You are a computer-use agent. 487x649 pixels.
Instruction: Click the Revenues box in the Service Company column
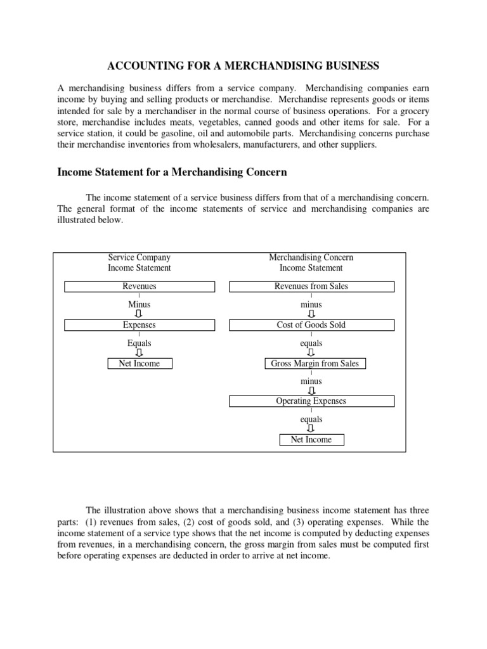click(x=139, y=286)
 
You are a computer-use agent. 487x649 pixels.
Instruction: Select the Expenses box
click(x=139, y=325)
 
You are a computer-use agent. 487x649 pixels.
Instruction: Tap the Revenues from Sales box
click(x=311, y=286)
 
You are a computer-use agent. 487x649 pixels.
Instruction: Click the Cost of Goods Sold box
click(x=311, y=325)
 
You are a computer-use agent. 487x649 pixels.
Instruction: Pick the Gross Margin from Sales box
click(x=315, y=364)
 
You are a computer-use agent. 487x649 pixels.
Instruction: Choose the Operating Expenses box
click(x=311, y=401)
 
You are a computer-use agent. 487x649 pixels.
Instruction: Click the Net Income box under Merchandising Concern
click(x=311, y=440)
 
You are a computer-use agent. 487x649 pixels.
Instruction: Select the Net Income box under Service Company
click(x=139, y=364)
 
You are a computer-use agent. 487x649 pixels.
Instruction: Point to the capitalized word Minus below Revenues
click(x=139, y=305)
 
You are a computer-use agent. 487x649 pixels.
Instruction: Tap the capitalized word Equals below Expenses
click(x=139, y=344)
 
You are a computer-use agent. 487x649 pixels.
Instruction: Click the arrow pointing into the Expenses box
click(x=139, y=314)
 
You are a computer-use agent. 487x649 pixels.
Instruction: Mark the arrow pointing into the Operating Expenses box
click(x=311, y=391)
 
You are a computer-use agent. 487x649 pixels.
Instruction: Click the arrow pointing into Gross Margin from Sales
click(x=311, y=353)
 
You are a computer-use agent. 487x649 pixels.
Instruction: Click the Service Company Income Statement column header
click(x=139, y=263)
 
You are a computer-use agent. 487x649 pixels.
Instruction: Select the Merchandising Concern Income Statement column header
click(x=311, y=263)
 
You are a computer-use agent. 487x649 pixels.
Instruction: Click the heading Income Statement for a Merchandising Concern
click(x=172, y=172)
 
